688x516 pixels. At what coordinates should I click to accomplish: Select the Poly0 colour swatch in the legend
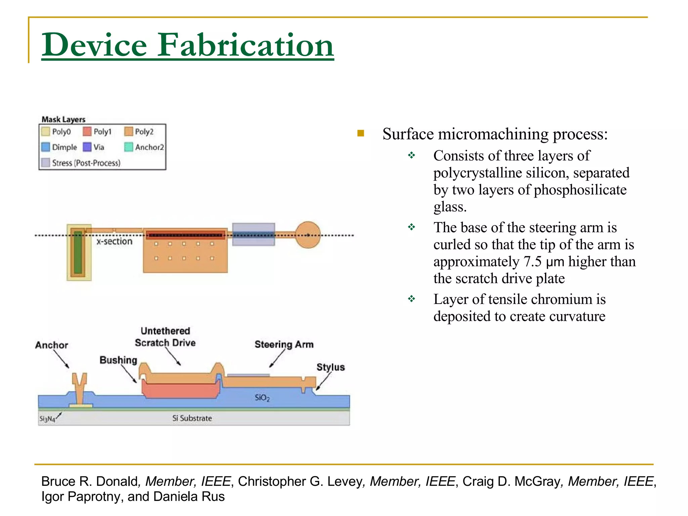pos(45,131)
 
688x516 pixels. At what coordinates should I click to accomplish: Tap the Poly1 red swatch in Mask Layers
pos(87,131)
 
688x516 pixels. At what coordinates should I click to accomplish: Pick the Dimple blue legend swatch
pos(45,147)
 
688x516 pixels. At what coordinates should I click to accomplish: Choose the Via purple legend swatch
pos(87,147)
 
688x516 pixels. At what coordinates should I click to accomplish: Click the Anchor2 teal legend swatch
pos(128,147)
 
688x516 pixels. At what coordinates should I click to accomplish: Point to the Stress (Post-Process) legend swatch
pos(45,163)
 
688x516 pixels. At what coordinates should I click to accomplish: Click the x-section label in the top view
pos(114,242)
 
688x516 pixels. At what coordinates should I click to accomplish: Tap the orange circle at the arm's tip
pos(308,235)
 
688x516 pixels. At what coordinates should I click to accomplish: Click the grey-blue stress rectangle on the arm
pos(254,234)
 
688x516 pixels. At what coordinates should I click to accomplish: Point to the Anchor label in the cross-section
pos(51,345)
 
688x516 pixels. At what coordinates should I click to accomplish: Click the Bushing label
pos(118,360)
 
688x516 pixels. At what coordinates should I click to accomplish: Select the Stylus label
pos(331,367)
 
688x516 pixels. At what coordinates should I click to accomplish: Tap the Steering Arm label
pos(284,344)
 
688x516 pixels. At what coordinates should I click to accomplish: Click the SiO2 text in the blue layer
pos(262,398)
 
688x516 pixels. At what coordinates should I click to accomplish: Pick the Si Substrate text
pos(192,418)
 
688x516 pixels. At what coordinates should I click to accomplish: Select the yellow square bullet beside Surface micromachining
pos(361,133)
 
